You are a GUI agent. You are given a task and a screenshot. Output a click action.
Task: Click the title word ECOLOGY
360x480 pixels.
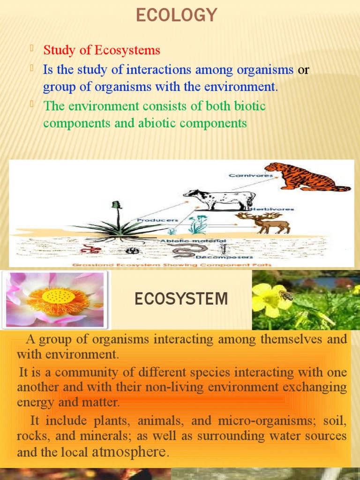pos(177,15)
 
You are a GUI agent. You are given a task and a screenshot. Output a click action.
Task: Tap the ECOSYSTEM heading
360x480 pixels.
pos(181,299)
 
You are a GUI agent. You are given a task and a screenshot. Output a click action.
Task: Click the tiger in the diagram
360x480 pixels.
pos(304,177)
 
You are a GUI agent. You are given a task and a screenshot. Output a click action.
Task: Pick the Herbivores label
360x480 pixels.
pos(272,209)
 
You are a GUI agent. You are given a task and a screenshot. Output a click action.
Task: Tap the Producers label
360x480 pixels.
pos(157,219)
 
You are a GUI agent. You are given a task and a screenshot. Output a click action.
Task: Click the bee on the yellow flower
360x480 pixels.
pos(285,295)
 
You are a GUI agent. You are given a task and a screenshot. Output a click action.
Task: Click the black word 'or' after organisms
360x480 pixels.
pos(304,70)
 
